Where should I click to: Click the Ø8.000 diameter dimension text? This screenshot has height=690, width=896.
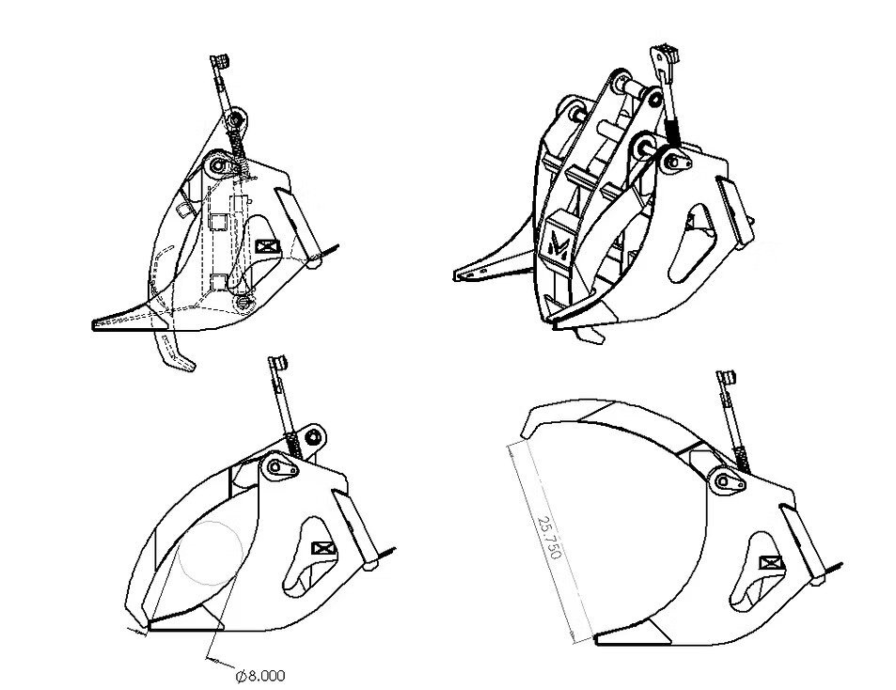260,676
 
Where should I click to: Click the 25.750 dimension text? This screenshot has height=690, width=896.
550,538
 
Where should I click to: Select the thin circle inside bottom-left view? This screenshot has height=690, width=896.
211,553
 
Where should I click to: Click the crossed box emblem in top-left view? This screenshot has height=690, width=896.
267,246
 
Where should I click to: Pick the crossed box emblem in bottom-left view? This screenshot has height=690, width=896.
324,548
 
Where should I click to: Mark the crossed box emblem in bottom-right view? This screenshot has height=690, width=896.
771,563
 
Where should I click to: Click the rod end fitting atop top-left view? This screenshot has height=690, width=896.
220,60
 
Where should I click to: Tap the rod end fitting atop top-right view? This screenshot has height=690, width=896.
665,56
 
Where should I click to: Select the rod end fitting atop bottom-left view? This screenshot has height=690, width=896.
278,363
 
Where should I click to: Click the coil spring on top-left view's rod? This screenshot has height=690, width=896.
238,146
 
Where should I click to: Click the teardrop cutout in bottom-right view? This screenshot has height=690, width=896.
753,572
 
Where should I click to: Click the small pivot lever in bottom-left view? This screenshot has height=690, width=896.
280,467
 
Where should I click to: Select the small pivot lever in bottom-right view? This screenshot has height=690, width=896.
730,482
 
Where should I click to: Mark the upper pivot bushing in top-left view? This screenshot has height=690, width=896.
235,119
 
